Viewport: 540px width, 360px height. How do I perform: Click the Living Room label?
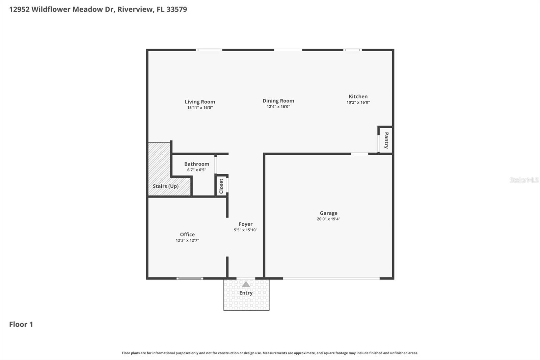click(x=200, y=102)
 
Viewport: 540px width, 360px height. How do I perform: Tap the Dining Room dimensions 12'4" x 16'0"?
click(x=278, y=107)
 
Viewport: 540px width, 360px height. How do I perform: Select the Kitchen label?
click(x=358, y=97)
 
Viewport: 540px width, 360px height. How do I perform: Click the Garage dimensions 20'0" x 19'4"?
click(x=328, y=219)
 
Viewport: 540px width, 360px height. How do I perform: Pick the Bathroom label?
click(x=197, y=164)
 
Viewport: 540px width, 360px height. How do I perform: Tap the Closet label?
click(x=221, y=186)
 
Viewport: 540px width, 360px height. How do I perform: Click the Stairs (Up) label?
click(x=166, y=186)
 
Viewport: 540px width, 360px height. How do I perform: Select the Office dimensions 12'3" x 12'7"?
click(x=187, y=240)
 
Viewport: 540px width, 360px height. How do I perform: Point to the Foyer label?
click(x=246, y=224)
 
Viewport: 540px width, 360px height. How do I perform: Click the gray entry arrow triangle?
click(x=246, y=284)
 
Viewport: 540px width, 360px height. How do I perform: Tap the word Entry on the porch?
click(x=246, y=293)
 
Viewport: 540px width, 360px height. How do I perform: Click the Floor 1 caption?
click(x=21, y=324)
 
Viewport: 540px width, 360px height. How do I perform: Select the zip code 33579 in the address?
click(x=177, y=9)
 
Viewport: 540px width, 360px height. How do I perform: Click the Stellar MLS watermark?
click(x=524, y=180)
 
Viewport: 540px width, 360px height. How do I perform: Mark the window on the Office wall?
click(x=190, y=279)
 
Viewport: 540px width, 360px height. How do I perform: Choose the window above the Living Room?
click(x=209, y=50)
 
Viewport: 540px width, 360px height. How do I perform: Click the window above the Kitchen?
click(x=352, y=50)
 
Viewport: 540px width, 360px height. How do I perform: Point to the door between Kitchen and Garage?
click(x=359, y=154)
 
